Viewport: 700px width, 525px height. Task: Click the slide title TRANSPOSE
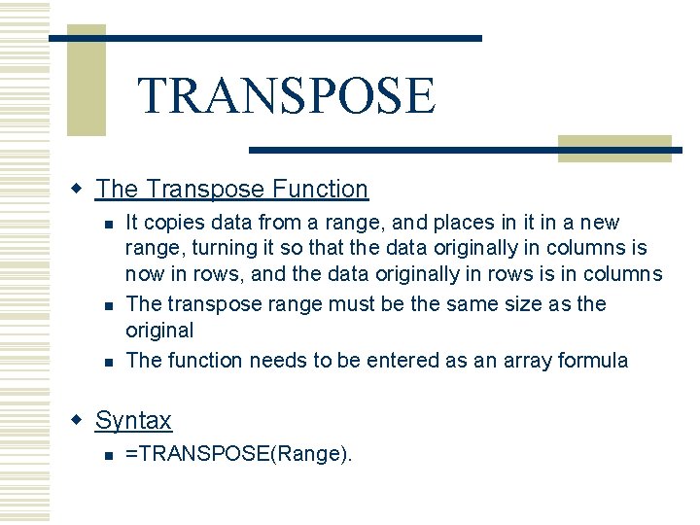click(x=287, y=95)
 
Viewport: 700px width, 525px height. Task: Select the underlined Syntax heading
click(x=133, y=420)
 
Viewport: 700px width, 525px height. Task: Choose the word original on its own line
click(x=160, y=331)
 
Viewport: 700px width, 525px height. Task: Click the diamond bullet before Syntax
click(x=79, y=419)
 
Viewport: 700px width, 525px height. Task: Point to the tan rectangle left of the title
click(x=86, y=80)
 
